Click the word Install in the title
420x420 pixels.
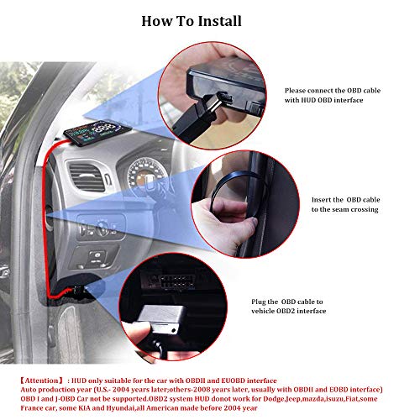pos(217,21)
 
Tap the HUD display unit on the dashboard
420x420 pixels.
pos(97,133)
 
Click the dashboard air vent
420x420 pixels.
pos(87,177)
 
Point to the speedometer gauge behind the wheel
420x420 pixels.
pos(145,174)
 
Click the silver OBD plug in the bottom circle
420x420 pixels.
pos(162,319)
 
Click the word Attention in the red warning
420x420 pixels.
pos(42,381)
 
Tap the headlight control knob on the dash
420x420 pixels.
pos(102,228)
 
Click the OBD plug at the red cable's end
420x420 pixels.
pos(79,290)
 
